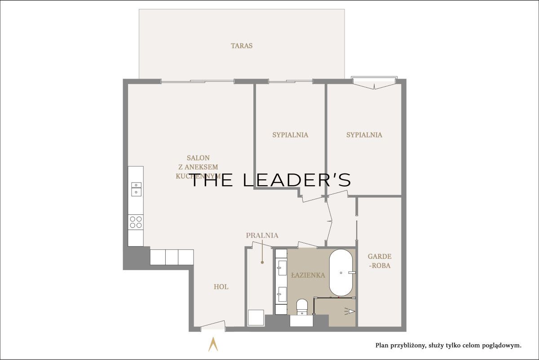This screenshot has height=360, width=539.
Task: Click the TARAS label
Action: coord(242,46)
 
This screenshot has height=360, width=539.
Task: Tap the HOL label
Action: coord(221,287)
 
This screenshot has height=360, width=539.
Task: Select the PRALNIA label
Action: coord(262,235)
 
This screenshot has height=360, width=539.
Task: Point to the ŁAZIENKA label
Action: coord(308,275)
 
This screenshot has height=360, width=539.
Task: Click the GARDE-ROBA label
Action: coord(380,261)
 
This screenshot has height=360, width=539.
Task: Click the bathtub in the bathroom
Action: coord(341,273)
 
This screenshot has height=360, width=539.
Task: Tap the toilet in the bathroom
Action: coord(302,307)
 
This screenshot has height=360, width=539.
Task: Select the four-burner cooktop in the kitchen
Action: coord(136,222)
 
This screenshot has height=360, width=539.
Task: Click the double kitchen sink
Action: coord(136,189)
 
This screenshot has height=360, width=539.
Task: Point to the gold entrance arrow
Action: coord(213,344)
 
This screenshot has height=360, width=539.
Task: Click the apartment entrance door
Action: coord(213,324)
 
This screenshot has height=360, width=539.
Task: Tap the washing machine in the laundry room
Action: coord(256,317)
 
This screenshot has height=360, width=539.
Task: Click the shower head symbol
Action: coord(349,311)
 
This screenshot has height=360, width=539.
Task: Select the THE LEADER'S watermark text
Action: coord(270,180)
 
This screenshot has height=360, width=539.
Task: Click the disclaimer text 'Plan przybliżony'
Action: coord(400,346)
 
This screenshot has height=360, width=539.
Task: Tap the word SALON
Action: coord(198,158)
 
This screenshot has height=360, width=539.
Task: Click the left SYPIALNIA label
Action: coord(290,135)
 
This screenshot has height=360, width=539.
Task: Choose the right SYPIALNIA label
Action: coord(364,135)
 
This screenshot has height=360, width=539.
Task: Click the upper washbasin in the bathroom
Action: coord(282,268)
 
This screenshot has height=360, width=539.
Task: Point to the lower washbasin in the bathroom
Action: coord(282,294)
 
